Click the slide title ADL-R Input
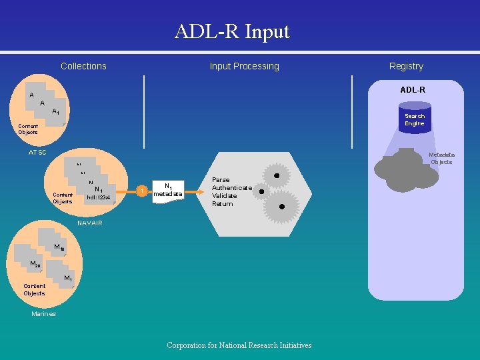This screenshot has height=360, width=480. tap(232, 31)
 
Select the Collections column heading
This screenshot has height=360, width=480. tap(83, 66)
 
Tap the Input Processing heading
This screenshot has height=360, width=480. tap(244, 66)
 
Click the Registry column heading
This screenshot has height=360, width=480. tap(406, 66)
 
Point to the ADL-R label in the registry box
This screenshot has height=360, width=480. tap(413, 89)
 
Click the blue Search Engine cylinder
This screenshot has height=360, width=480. tap(414, 118)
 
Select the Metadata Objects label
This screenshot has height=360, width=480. tap(441, 158)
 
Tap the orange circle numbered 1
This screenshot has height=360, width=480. tap(141, 192)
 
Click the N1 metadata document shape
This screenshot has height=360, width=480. tap(168, 191)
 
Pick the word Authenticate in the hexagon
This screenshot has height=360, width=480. tap(232, 188)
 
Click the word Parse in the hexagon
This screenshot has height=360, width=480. tap(221, 180)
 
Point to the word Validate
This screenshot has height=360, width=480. tap(224, 196)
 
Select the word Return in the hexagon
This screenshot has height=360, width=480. tap(223, 204)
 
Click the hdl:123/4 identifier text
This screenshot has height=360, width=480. tap(98, 197)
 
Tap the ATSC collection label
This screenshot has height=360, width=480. tap(37, 153)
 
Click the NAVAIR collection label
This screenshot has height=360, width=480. tap(90, 223)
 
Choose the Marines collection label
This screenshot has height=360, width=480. tap(44, 314)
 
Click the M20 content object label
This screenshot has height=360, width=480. tap(35, 264)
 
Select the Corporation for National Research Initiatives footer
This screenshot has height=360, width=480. tap(239, 345)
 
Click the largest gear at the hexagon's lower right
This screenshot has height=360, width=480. tap(281, 207)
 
